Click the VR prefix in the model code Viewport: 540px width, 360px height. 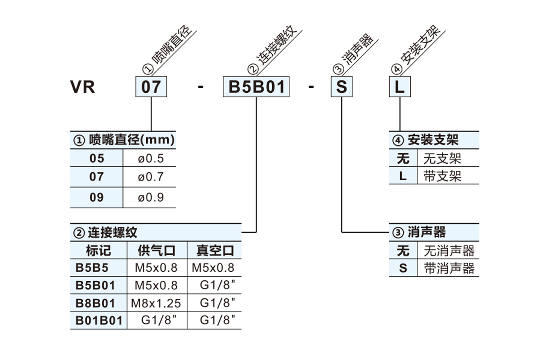(82, 87)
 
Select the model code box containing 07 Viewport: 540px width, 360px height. (151, 87)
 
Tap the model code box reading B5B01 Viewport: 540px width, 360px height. (256, 87)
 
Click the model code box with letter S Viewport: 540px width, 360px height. (342, 87)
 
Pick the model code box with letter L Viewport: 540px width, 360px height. (400, 87)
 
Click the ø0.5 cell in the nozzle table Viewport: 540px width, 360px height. (151, 158)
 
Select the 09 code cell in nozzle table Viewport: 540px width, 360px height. (97, 198)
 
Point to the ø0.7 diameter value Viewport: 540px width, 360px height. (151, 177)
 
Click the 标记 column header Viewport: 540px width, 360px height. (99, 250)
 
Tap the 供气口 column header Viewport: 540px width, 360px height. (157, 250)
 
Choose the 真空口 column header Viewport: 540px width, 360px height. (215, 250)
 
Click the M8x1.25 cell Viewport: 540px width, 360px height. (156, 303)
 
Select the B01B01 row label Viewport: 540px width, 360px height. (99, 321)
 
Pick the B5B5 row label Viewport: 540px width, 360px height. (92, 268)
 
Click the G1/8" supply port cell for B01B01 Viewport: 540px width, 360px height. (158, 320)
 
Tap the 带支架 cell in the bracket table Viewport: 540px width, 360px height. (442, 176)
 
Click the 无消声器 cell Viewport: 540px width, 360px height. (449, 251)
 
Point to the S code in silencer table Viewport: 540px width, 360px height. (403, 268)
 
